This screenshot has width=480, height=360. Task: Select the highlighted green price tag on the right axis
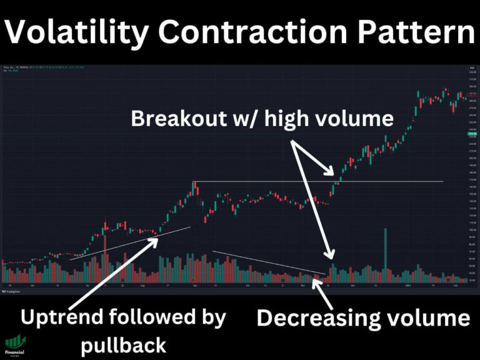click(x=472, y=133)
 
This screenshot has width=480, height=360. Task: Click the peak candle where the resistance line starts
click(x=194, y=184)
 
